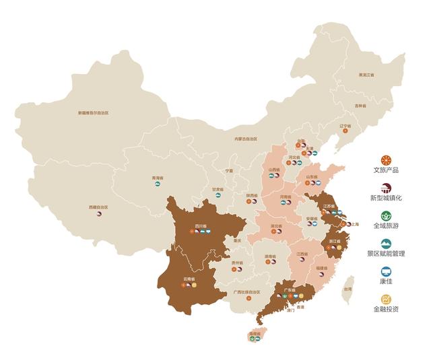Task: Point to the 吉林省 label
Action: [x=362, y=106]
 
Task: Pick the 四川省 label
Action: [x=200, y=225]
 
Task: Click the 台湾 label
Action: [x=347, y=289]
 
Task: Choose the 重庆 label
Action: [x=236, y=240]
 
